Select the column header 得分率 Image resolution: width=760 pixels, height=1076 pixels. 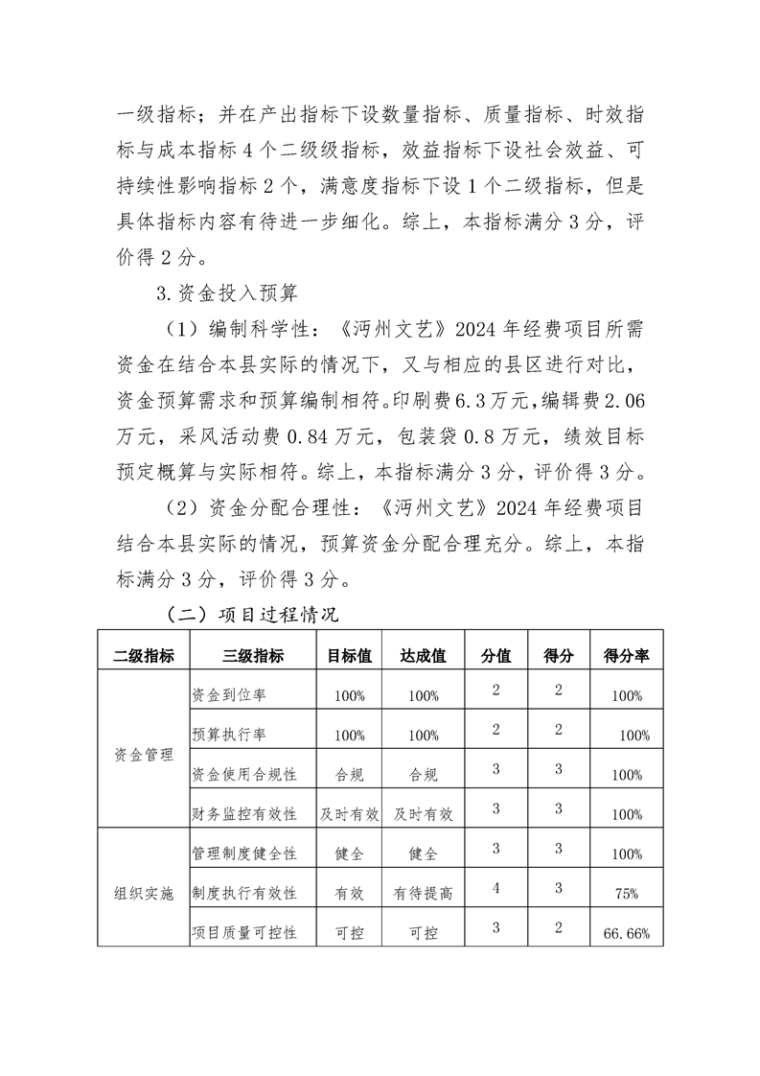626,656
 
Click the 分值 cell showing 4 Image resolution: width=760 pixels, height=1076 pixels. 495,888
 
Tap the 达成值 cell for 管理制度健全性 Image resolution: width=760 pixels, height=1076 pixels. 423,853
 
